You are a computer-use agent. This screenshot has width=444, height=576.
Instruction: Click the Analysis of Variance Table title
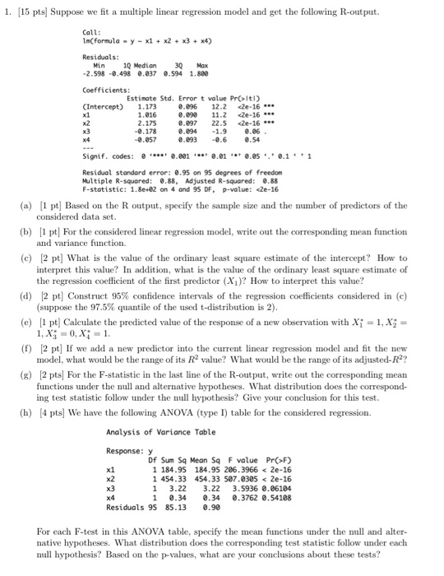155,432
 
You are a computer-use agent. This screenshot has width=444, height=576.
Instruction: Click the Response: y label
126,450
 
